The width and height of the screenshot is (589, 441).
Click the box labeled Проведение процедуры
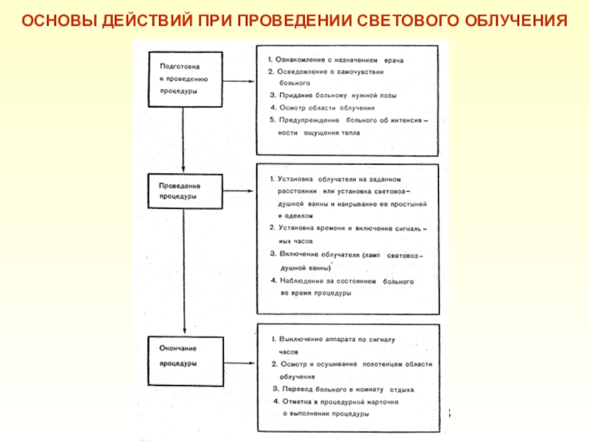pos(185,192)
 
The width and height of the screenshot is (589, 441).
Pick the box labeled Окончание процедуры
pos(185,356)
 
